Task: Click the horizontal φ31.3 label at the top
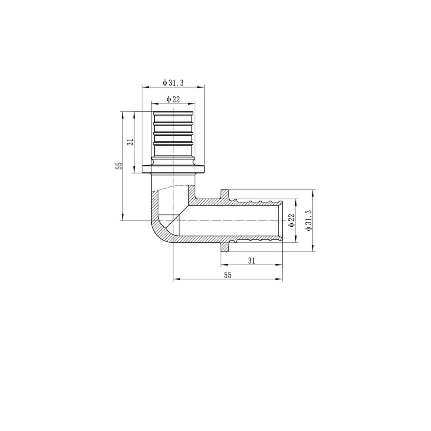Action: tap(173, 82)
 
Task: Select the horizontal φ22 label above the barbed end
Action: tap(173, 99)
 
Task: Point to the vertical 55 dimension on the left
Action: tap(119, 166)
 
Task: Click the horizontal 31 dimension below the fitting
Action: tap(252, 260)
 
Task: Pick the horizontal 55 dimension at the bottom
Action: tap(228, 275)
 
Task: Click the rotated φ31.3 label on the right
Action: tap(308, 220)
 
